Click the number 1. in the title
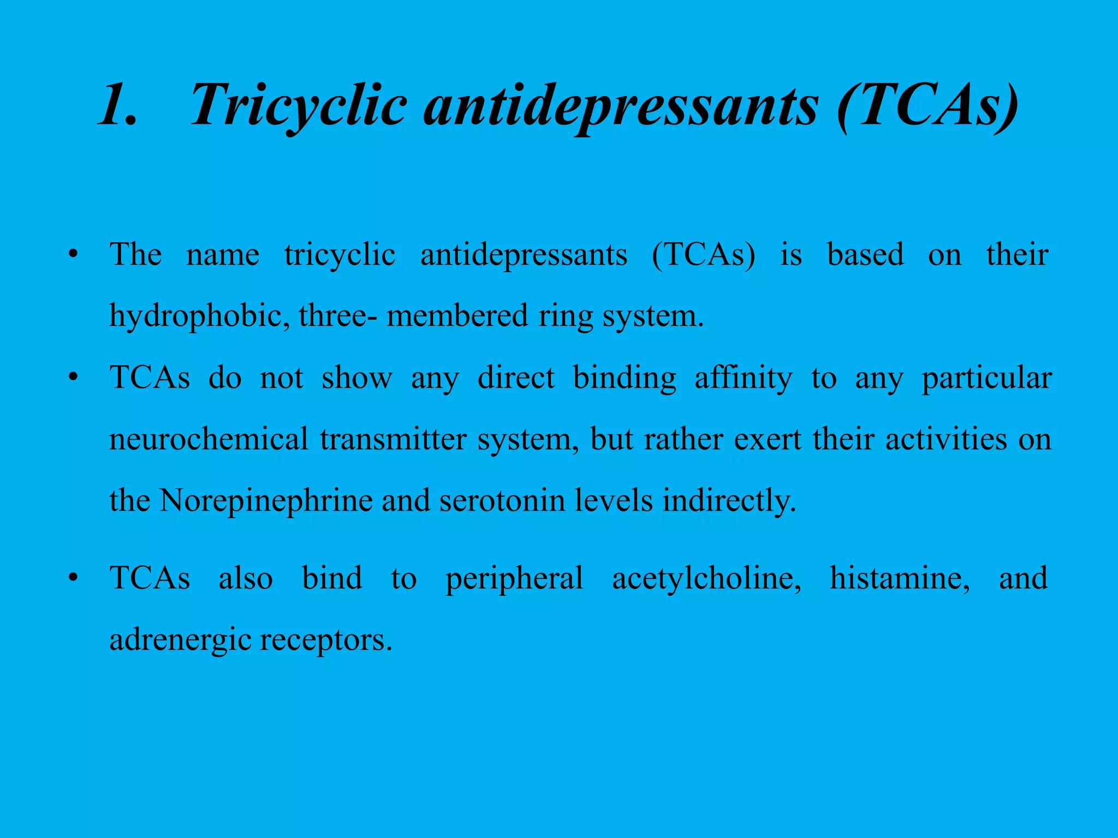[117, 105]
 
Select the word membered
[457, 316]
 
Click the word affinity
[743, 378]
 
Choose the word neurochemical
[209, 439]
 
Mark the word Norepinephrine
[266, 501]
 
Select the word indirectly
[729, 501]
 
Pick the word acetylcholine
[706, 578]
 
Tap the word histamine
[899, 578]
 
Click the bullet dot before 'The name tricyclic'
[73, 255]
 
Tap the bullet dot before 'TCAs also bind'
[73, 578]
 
